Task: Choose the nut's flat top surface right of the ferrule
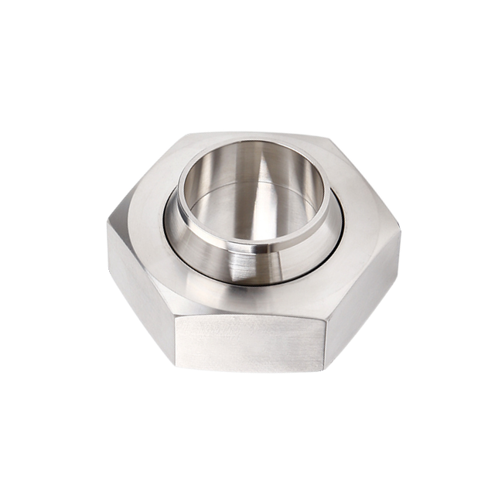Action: click(x=364, y=209)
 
